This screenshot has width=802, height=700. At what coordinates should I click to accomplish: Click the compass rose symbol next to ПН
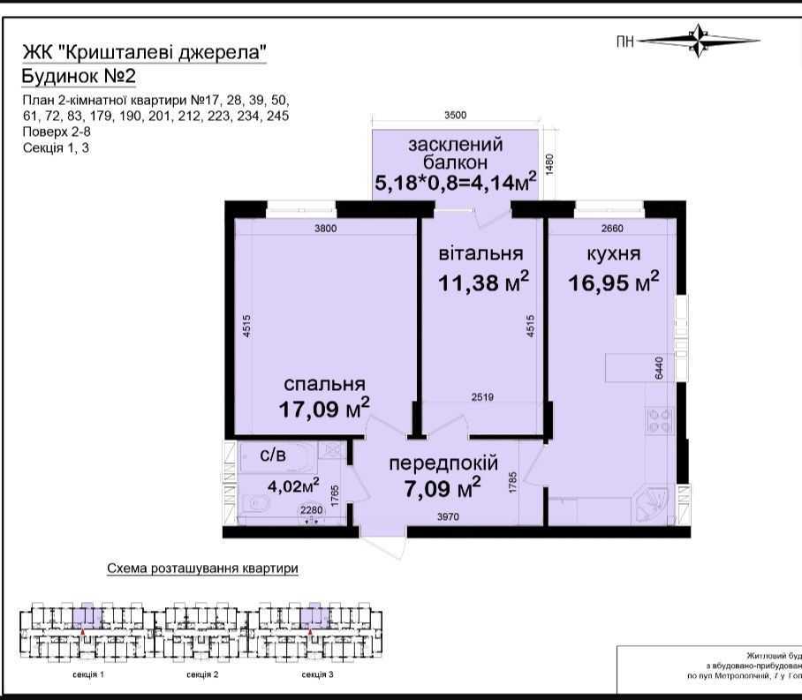[699, 40]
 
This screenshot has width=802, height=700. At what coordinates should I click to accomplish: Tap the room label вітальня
[480, 254]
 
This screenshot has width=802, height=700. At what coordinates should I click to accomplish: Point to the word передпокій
[443, 463]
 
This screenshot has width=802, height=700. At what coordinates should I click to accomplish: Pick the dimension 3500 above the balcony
[455, 115]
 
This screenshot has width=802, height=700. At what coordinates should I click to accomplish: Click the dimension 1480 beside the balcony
[549, 165]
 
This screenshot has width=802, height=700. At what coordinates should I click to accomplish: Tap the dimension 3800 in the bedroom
[327, 230]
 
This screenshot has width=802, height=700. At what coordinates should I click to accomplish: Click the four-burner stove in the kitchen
[659, 419]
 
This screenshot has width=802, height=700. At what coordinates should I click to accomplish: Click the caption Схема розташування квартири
[202, 568]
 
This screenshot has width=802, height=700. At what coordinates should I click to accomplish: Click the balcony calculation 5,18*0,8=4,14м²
[456, 184]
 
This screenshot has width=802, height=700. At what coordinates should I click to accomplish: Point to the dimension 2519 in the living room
[482, 397]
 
